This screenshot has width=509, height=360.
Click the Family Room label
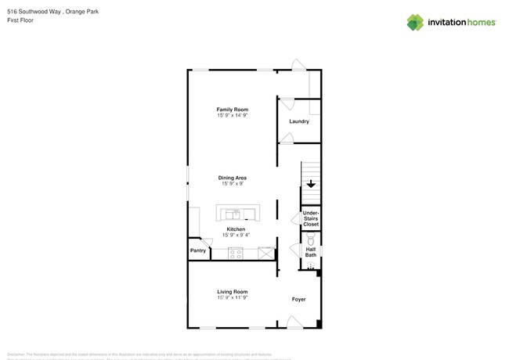[x=233, y=109]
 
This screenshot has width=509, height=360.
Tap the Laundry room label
[x=299, y=121]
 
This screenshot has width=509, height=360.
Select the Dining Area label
[x=233, y=178]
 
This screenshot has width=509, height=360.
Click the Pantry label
[x=198, y=250]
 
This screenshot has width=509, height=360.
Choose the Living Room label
[x=233, y=292]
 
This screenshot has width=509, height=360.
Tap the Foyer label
[x=298, y=299]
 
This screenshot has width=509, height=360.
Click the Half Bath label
[x=311, y=252]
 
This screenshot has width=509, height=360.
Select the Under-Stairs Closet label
[x=311, y=218]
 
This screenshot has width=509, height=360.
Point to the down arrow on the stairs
[x=311, y=185]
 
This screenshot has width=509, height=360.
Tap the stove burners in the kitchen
[x=235, y=253]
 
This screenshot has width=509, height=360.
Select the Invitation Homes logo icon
[x=415, y=23]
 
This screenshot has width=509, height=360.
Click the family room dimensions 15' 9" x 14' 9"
[x=233, y=115]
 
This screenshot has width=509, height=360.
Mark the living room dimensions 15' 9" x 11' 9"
[x=233, y=298]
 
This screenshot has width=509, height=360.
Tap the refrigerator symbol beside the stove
[x=266, y=253]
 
